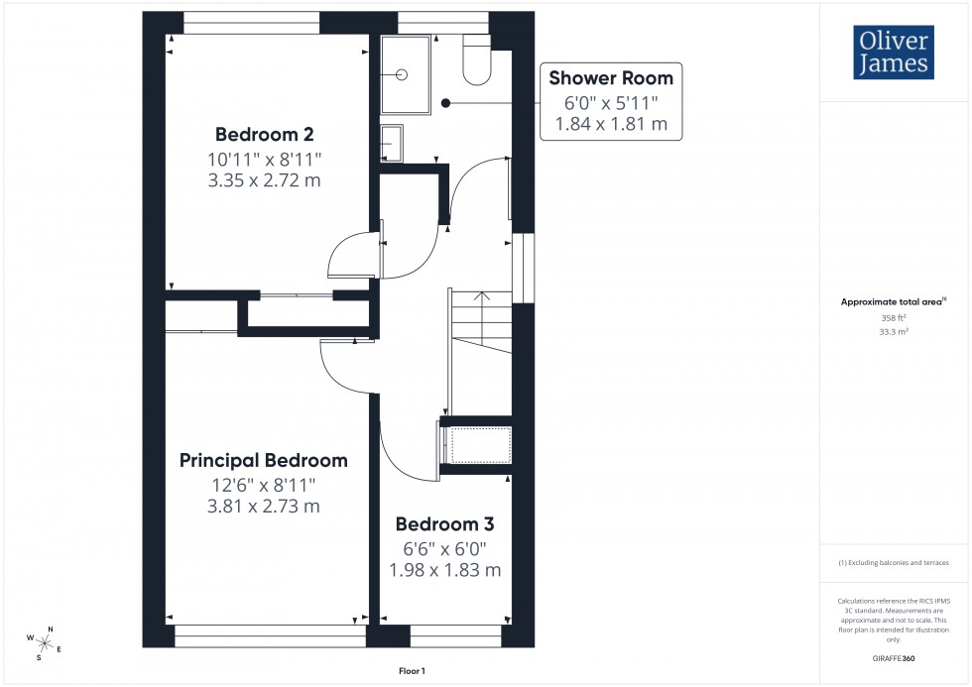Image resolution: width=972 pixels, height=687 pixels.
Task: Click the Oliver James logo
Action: (x=893, y=54)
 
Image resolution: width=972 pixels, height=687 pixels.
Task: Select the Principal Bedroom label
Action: (x=264, y=460)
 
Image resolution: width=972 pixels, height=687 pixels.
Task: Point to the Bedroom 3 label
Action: (x=444, y=524)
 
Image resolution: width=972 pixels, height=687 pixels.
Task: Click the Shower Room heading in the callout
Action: (x=611, y=77)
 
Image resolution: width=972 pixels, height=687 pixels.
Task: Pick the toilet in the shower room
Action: (x=477, y=61)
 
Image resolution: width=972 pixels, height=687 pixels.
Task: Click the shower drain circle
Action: (x=403, y=73)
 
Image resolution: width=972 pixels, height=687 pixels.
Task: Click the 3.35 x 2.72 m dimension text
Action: (x=264, y=180)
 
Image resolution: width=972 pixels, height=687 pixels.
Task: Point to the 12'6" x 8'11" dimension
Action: (x=264, y=484)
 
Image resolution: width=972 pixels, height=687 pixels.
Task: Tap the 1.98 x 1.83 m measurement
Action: (x=444, y=570)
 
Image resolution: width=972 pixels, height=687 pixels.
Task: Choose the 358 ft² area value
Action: (x=894, y=317)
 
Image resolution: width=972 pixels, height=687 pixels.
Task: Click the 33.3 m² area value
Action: (x=894, y=332)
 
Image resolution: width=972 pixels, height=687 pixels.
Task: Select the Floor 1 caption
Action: (x=412, y=671)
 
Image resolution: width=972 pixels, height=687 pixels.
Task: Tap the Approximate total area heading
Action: (x=893, y=301)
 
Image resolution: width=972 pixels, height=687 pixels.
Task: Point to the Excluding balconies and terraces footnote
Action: (x=894, y=562)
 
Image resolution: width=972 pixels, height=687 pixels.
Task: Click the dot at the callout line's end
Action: (x=445, y=102)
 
